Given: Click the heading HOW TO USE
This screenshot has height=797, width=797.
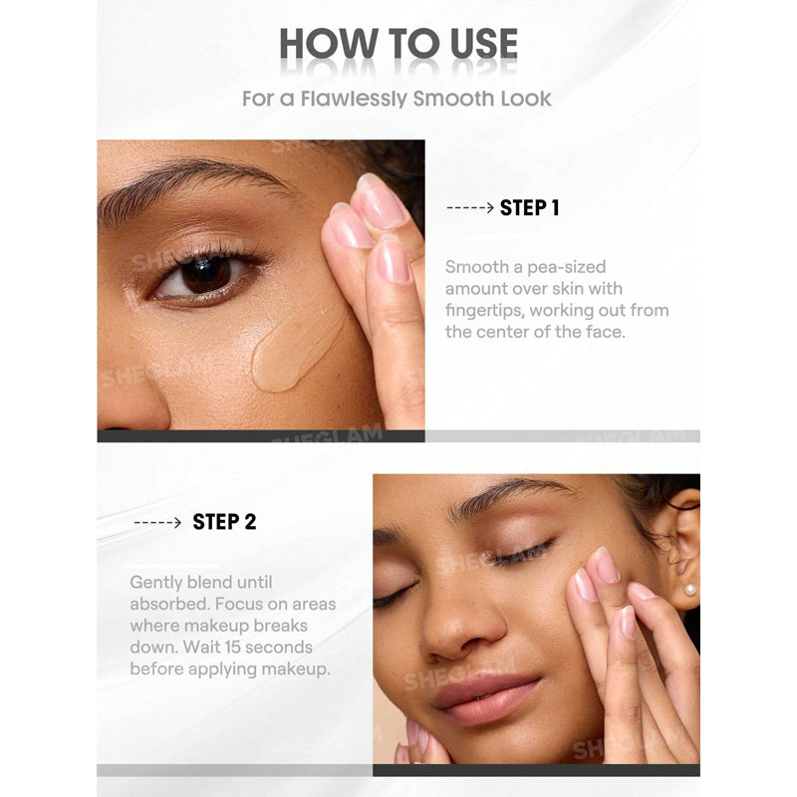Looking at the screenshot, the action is tap(398, 43).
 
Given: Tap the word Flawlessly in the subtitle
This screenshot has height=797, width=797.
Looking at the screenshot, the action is tap(355, 99).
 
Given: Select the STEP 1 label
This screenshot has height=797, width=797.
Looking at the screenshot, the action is tap(530, 207).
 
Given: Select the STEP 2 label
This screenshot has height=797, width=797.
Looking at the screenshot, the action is tap(224, 522).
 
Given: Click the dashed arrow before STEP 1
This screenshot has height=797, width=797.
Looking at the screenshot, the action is tap(470, 207).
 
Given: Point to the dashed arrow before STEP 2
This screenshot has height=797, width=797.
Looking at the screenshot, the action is tap(157, 522).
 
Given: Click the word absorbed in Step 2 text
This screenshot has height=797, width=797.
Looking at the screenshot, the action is tap(169, 604).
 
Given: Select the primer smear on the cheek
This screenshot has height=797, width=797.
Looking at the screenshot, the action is tap(295, 351).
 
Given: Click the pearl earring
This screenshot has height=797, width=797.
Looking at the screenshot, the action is tap(690, 590).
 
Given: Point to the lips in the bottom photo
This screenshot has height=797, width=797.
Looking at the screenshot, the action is tap(485, 697).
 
